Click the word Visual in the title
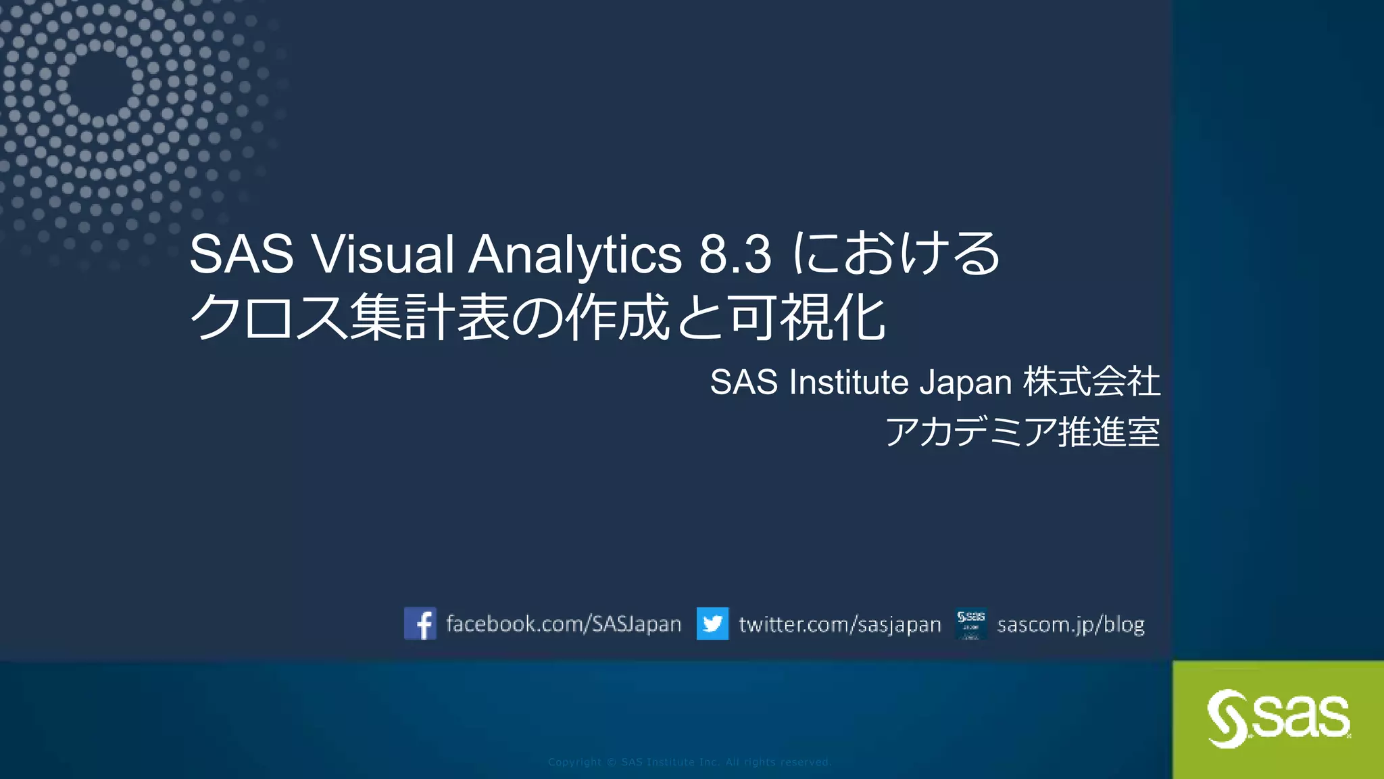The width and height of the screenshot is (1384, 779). click(x=382, y=255)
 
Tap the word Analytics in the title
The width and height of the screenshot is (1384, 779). click(x=575, y=255)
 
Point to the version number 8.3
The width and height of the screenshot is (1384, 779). click(x=735, y=255)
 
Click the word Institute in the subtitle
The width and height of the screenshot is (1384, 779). click(x=848, y=382)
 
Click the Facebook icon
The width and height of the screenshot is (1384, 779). click(x=420, y=623)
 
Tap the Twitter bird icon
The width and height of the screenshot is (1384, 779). click(x=712, y=623)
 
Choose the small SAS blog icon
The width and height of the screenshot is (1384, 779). click(x=971, y=623)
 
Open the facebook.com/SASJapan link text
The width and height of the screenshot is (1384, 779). click(x=564, y=623)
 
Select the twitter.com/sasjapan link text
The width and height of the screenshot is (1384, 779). click(x=839, y=624)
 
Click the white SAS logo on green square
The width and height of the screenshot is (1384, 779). click(x=1279, y=718)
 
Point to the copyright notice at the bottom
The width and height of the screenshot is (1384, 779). click(x=689, y=762)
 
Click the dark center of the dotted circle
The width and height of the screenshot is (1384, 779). click(x=99, y=84)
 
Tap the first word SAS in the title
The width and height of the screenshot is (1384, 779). click(x=241, y=255)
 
